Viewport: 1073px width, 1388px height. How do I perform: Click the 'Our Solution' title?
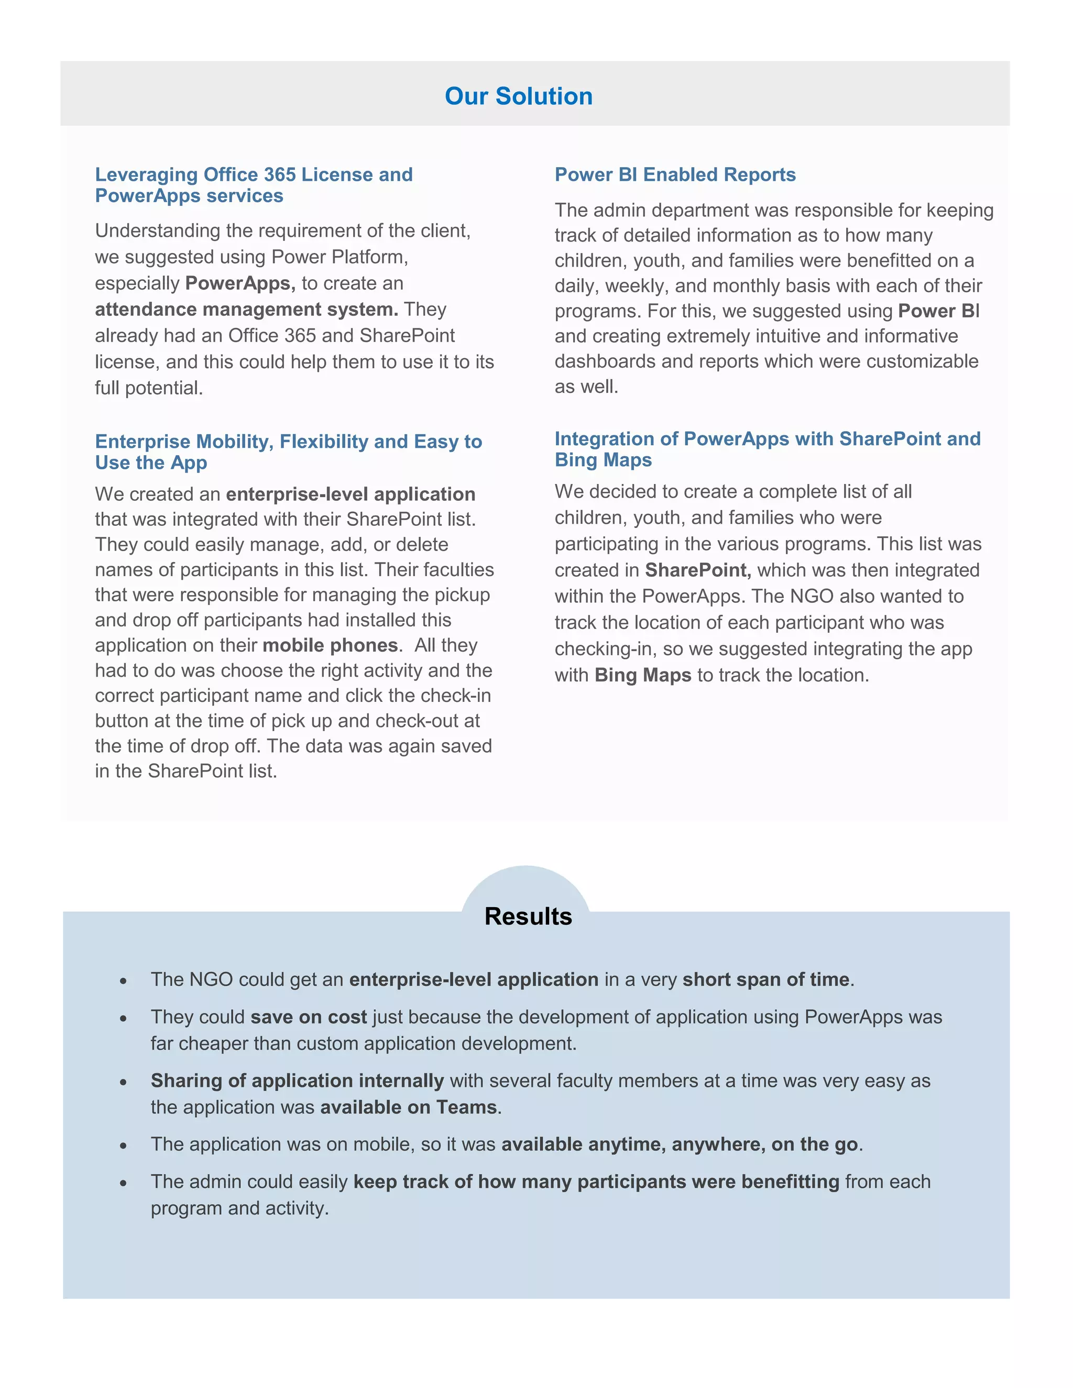(518, 96)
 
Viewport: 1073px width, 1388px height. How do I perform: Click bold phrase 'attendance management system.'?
(247, 310)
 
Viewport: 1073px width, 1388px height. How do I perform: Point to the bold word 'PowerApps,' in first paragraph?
(239, 283)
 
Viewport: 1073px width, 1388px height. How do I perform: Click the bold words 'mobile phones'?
(330, 645)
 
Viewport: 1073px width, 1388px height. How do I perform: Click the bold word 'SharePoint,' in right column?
(697, 570)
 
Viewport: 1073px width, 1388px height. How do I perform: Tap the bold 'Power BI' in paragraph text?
(938, 311)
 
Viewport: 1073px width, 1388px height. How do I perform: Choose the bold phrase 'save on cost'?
(308, 1017)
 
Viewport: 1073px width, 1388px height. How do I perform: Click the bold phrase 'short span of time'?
(765, 979)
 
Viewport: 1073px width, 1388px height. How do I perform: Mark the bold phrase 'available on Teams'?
(408, 1107)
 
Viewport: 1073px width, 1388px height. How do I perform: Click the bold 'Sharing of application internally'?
(297, 1081)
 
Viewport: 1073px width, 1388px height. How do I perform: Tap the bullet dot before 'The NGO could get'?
(123, 981)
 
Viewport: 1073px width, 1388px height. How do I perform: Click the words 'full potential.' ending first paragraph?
(149, 388)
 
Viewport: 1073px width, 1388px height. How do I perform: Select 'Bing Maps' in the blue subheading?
(603, 459)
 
